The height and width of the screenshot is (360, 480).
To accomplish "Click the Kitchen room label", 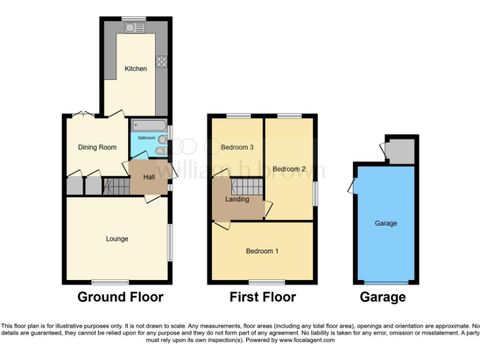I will click(x=136, y=69).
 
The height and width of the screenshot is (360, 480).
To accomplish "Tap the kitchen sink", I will click(x=134, y=27).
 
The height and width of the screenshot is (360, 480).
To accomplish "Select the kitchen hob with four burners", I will click(x=161, y=61).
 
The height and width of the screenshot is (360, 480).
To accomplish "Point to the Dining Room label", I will click(x=97, y=147).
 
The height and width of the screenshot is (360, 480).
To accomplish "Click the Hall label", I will click(x=149, y=177).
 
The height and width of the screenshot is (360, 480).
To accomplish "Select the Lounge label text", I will click(x=117, y=239).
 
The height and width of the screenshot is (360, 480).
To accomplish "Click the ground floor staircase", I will click(x=115, y=186).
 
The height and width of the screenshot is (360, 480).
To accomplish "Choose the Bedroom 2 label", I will click(x=289, y=169).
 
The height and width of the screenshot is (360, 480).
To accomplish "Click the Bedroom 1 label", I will click(x=262, y=251).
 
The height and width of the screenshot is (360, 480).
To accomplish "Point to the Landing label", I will click(x=237, y=199).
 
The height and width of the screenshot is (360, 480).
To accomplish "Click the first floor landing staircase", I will click(x=246, y=186).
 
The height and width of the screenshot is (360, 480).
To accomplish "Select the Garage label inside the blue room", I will click(x=386, y=223).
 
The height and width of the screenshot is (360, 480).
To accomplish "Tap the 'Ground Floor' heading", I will click(x=120, y=297).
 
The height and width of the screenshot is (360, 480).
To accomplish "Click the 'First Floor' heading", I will click(x=262, y=297).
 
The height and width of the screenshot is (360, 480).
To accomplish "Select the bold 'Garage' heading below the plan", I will click(x=382, y=297).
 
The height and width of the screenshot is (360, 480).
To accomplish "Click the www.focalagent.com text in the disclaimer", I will click(x=306, y=341).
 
